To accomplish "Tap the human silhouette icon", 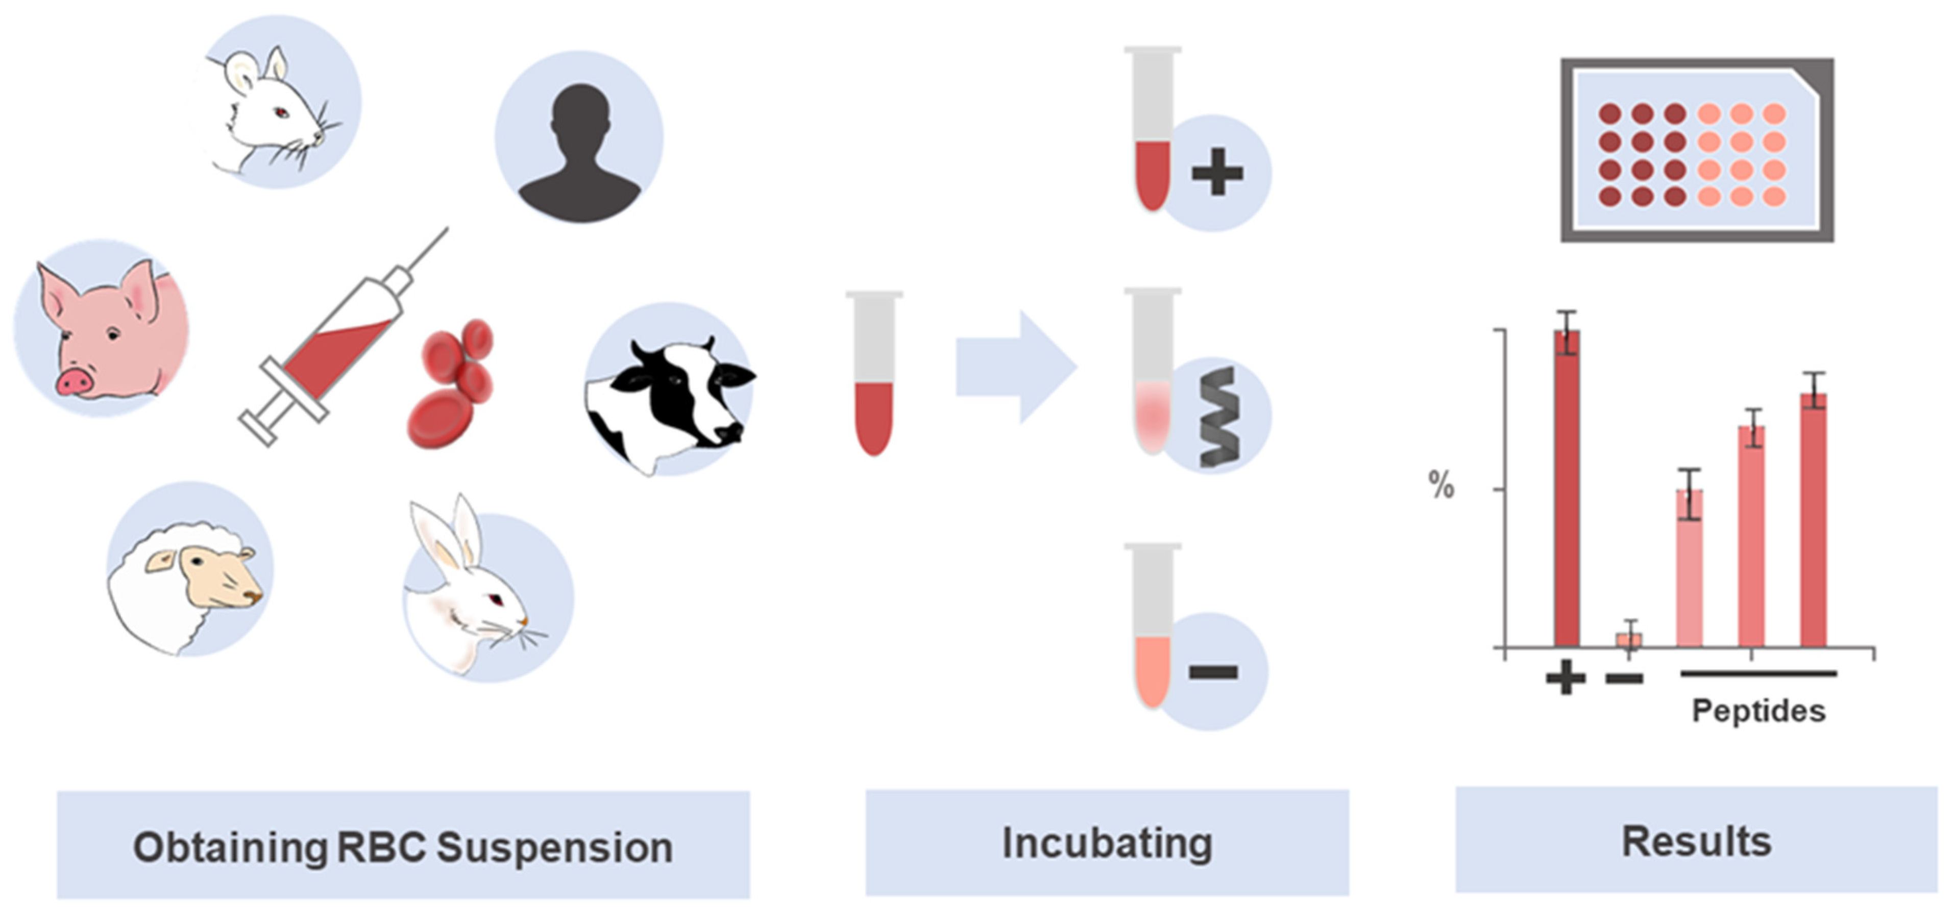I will click(x=580, y=152).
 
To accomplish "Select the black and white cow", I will click(x=671, y=398).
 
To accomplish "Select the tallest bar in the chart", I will click(x=1567, y=485).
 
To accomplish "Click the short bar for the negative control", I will click(x=1628, y=639).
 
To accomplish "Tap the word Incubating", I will click(x=1107, y=843).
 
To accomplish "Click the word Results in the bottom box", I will click(x=1696, y=841).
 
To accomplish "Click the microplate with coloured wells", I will click(x=1696, y=150).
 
